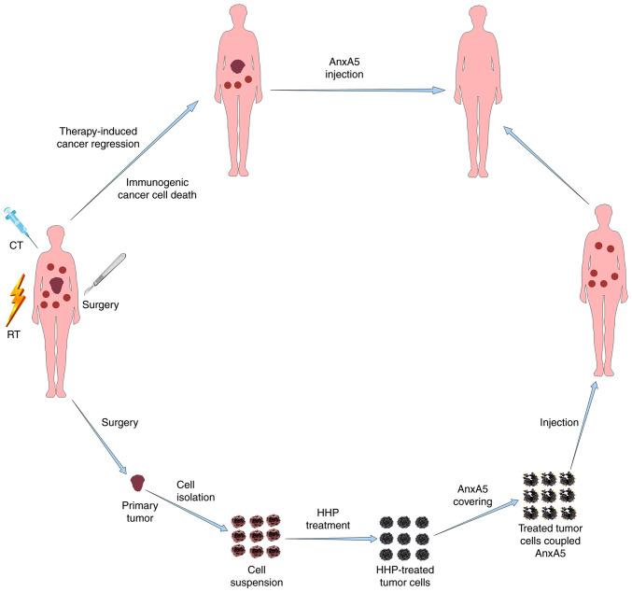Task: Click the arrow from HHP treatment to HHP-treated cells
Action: (327, 539)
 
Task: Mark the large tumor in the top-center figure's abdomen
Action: (239, 66)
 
